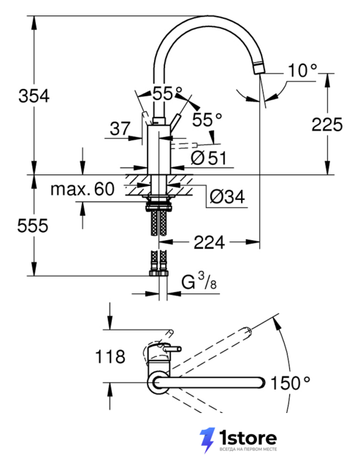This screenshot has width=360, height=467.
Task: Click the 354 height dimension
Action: pyautogui.click(x=34, y=96)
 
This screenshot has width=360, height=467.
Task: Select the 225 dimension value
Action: pyautogui.click(x=327, y=125)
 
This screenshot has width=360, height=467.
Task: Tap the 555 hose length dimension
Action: pyautogui.click(x=32, y=225)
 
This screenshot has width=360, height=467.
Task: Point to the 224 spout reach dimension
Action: pyautogui.click(x=209, y=242)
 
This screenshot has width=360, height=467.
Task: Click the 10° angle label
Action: pyautogui.click(x=302, y=71)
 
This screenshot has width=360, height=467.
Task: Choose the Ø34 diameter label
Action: pyautogui.click(x=227, y=196)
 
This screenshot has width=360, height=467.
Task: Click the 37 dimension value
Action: pyautogui.click(x=120, y=128)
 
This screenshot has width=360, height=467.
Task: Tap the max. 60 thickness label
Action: pyautogui.click(x=83, y=189)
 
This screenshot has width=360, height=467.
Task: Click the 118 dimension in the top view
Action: pyautogui.click(x=110, y=357)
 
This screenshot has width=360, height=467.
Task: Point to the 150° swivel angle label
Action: pyautogui.click(x=291, y=382)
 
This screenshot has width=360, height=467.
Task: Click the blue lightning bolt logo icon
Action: pyautogui.click(x=207, y=440)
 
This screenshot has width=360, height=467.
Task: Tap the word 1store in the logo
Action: pyautogui.click(x=248, y=438)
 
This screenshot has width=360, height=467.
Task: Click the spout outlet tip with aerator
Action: pyautogui.click(x=259, y=66)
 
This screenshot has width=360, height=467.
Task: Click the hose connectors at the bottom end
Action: pyautogui.click(x=158, y=272)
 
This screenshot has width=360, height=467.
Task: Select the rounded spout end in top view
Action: pyautogui.click(x=261, y=382)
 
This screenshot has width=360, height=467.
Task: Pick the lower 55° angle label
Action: pyautogui.click(x=207, y=120)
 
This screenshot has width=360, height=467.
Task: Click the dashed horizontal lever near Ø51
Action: pyautogui.click(x=184, y=145)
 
